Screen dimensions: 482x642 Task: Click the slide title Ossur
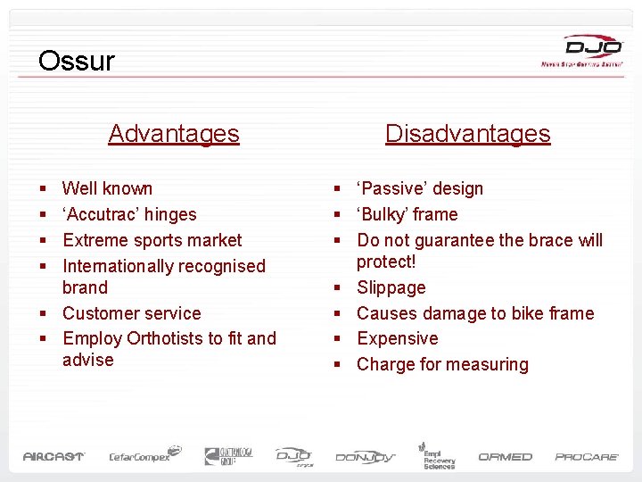pos(77,61)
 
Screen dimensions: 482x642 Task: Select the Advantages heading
pos(174,134)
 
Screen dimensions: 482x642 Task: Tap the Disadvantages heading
pos(467,134)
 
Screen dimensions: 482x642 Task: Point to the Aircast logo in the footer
pos(53,456)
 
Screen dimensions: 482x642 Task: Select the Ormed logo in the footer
pos(505,456)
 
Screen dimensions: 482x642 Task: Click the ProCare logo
pos(587,456)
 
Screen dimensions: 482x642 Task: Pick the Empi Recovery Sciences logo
pos(438,454)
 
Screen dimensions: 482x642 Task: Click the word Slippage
pos(391,288)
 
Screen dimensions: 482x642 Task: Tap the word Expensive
pos(397,339)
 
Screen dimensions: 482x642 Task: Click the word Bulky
pos(384,214)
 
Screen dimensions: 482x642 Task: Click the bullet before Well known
pos(44,189)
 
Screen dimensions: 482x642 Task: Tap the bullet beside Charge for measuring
pos(338,365)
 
